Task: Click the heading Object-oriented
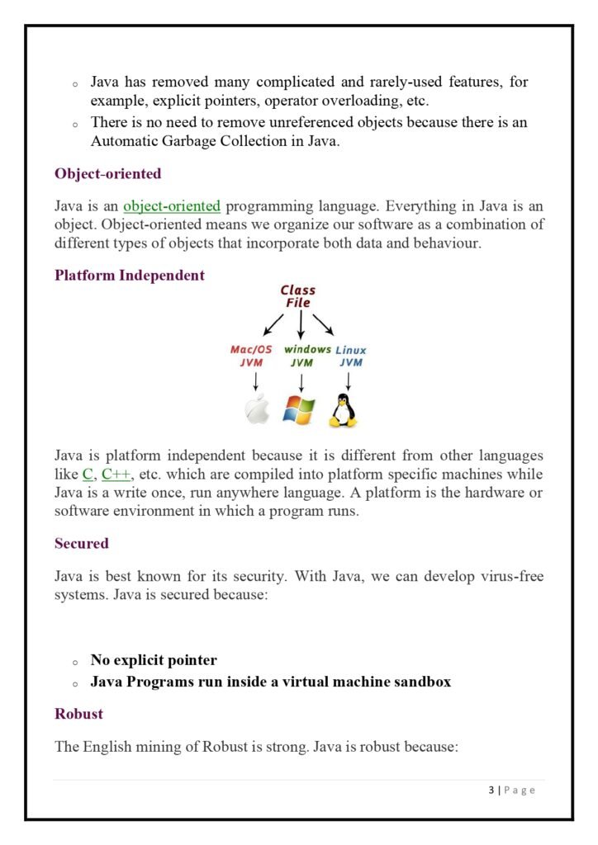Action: point(107,174)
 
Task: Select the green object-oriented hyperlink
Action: point(172,206)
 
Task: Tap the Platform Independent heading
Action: point(129,276)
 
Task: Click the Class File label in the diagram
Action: point(297,296)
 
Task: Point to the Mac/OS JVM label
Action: point(251,356)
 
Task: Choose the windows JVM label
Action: point(301,356)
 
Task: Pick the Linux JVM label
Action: point(350,356)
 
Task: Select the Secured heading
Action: point(81,544)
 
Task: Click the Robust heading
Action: point(78,713)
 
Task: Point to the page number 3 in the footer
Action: point(491,791)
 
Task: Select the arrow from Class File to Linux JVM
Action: point(324,324)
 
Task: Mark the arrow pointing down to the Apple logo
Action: point(256,381)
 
